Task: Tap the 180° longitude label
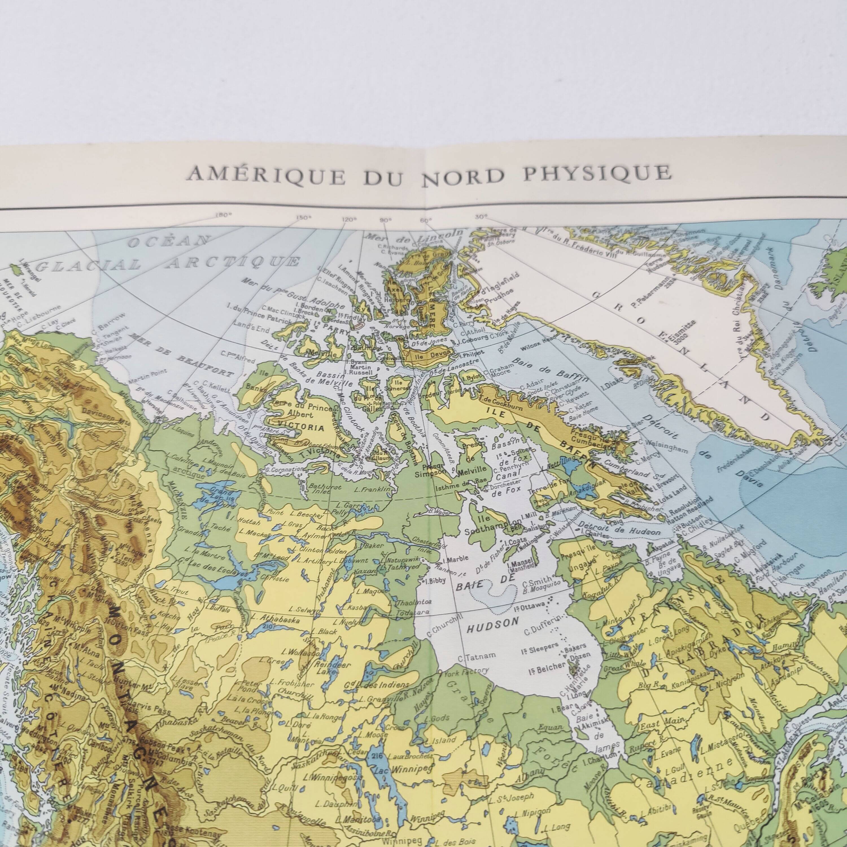tap(224, 215)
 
